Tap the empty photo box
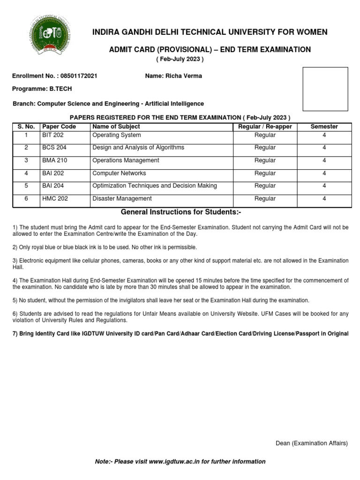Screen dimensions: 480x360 pos(325,89)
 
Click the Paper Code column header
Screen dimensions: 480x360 pos(59,127)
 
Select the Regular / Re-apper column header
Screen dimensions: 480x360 pos(265,127)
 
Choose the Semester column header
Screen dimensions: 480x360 pos(324,127)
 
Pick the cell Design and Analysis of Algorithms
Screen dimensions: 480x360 pos(138,148)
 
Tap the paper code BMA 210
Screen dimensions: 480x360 pos(54,160)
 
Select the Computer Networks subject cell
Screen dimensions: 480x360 pos(119,173)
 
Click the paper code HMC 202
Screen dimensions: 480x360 pos(55,199)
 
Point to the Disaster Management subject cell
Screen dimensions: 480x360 pos(122,199)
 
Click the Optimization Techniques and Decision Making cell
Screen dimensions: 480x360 pos(155,186)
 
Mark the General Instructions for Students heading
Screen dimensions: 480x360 pos(181,212)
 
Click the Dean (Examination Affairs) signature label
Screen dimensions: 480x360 pos(311,443)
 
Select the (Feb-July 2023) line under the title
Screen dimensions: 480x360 pos(180,60)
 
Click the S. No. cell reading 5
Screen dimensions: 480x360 pos(27,186)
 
